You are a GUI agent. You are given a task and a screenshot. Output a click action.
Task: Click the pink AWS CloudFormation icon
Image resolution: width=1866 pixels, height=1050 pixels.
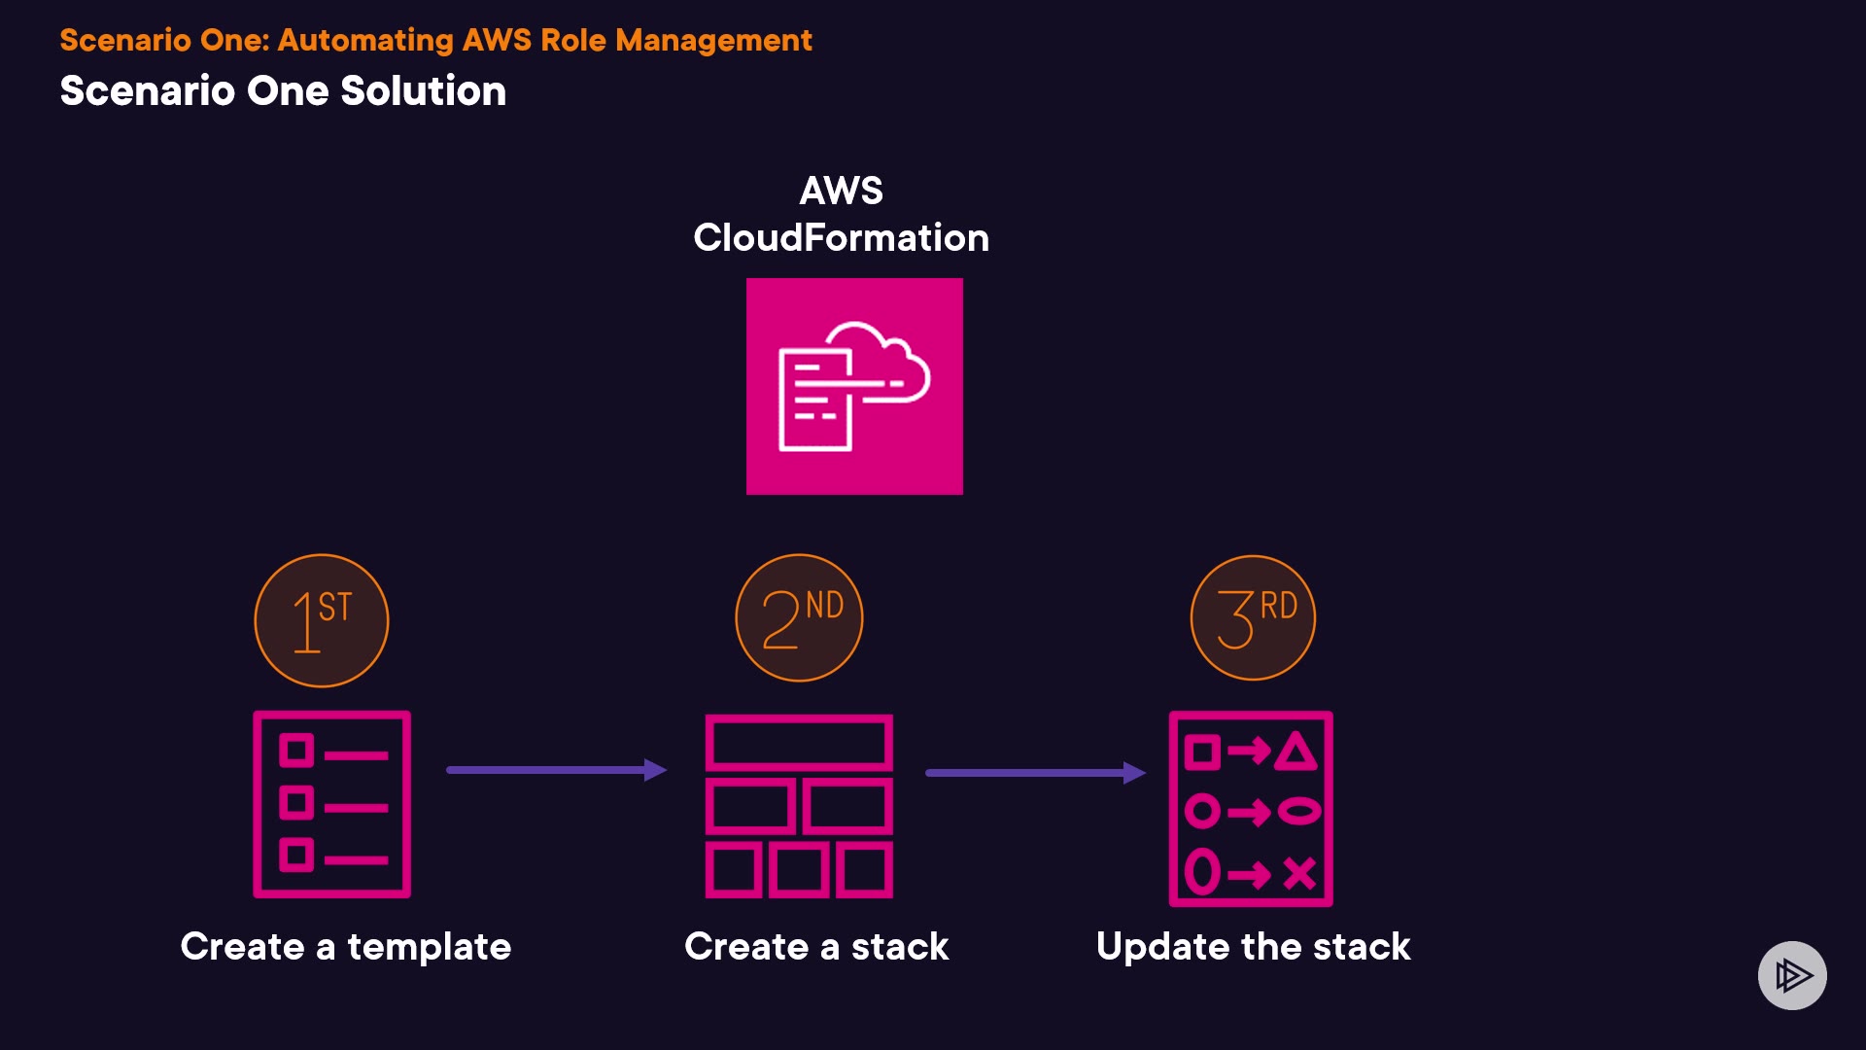coord(854,386)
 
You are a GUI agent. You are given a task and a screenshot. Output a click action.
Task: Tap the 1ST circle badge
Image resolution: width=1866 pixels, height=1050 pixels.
coord(322,620)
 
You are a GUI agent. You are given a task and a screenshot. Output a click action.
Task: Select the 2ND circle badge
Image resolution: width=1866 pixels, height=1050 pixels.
coord(799,617)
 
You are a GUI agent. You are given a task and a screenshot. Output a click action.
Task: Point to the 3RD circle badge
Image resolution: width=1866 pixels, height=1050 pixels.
coord(1253,617)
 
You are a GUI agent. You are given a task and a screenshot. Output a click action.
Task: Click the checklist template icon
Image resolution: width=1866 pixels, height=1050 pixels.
coord(332,804)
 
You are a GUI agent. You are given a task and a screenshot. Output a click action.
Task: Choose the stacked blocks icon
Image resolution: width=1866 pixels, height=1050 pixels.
coord(799,806)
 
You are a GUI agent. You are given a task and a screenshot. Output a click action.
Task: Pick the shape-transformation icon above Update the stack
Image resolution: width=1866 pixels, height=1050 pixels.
coord(1251,809)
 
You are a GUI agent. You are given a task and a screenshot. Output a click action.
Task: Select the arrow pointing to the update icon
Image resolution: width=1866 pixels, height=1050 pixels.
coord(1035,773)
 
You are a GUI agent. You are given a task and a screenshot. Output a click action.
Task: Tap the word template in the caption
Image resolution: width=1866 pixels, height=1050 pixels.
coord(429,947)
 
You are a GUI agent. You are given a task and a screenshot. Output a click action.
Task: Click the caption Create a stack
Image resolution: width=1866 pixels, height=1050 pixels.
coord(816,947)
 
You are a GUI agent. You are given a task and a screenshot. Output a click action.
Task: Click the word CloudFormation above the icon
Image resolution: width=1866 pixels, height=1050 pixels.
coord(841,238)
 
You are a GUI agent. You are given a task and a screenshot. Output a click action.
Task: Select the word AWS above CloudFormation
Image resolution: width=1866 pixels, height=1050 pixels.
coord(841,191)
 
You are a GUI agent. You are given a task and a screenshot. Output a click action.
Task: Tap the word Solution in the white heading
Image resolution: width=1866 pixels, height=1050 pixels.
coord(423,91)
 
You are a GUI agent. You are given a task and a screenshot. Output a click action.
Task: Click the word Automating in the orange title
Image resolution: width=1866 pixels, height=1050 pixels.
coord(365,40)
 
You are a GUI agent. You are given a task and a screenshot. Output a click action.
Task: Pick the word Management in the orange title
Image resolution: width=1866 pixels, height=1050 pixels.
coord(713,40)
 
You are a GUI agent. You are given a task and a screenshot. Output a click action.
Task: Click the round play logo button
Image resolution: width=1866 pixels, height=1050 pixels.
coord(1792,975)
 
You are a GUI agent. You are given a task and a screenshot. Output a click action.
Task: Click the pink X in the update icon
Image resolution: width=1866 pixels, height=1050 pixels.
coord(1299,873)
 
